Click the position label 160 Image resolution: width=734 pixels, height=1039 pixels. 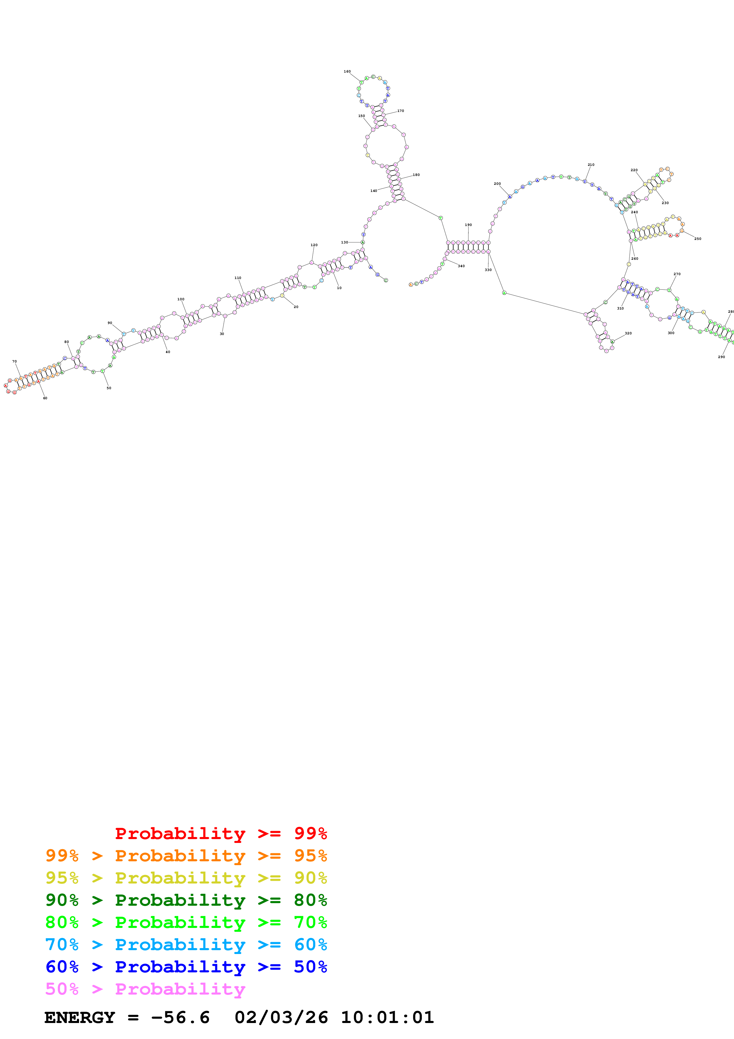point(347,71)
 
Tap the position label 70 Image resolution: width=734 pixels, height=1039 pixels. point(15,362)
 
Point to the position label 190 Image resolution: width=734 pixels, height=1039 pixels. point(468,225)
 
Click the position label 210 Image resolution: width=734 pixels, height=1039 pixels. point(591,165)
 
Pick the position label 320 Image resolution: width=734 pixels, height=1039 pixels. point(628,333)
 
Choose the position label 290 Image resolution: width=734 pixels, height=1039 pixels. point(721,357)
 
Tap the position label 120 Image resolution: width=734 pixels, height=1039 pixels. point(314,245)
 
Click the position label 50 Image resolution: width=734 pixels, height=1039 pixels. point(109,388)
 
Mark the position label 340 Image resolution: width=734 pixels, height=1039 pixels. point(461,266)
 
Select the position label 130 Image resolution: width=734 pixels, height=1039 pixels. point(344,242)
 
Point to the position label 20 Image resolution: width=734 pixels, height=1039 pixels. point(296,307)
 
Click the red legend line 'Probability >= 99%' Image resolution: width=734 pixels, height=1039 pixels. point(221,833)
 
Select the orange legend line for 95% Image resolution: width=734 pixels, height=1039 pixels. point(186,855)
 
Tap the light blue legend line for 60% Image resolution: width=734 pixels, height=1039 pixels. point(186,945)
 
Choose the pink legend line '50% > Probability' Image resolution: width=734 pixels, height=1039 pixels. point(145,989)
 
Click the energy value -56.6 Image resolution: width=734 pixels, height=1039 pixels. point(180,1017)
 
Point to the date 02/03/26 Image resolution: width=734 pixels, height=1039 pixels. point(281,1017)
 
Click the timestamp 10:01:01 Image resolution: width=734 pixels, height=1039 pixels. point(387,1017)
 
